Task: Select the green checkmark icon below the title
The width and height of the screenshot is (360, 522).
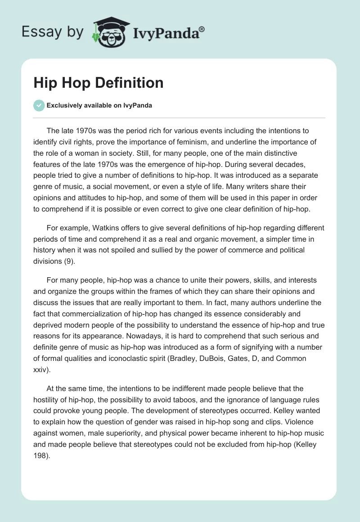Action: point(39,105)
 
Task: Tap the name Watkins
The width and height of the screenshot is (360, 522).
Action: point(100,228)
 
